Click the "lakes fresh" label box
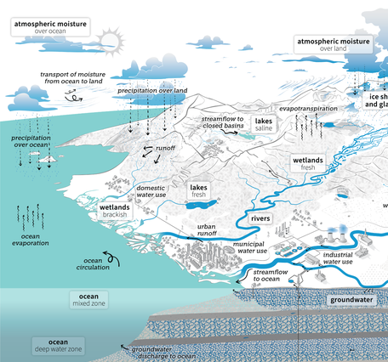point(198,190)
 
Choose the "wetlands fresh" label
point(307,162)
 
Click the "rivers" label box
point(261,220)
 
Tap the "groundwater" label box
point(352,301)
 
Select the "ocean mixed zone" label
point(83,299)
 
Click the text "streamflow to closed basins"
point(223,122)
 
